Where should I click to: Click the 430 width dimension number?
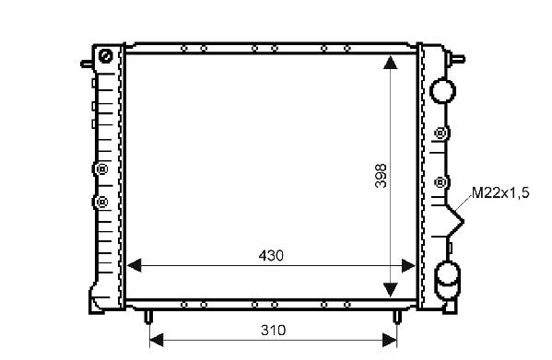[x=271, y=256]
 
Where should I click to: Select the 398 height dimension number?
[x=381, y=176]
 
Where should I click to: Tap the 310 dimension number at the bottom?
[x=273, y=331]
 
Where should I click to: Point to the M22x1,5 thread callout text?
[x=500, y=192]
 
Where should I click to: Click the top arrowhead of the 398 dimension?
[x=390, y=63]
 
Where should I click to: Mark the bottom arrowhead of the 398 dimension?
[x=390, y=289]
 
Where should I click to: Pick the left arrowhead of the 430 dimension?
[x=135, y=265]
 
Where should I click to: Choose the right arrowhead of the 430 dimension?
[x=409, y=265]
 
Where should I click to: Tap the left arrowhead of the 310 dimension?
[x=157, y=340]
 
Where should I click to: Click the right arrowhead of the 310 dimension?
[x=390, y=340]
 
